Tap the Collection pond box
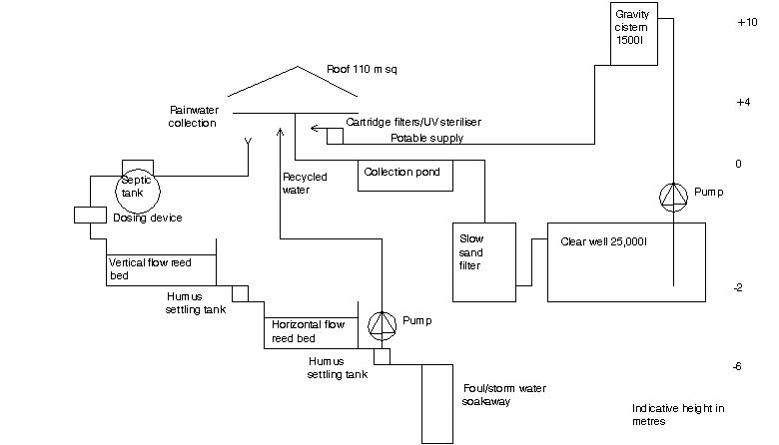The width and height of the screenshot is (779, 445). point(405,175)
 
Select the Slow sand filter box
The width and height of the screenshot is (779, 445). point(483,261)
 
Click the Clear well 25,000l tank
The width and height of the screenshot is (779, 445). point(626,261)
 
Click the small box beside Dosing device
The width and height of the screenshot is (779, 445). point(90,216)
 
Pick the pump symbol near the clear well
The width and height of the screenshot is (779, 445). point(675,196)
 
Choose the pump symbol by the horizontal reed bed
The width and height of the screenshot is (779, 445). point(381,323)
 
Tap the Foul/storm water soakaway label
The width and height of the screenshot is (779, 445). point(504,394)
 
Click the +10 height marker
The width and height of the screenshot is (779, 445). point(746,22)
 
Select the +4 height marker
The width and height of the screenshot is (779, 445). point(742,102)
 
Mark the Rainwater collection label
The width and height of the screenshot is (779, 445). point(194,116)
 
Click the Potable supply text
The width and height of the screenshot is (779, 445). point(426,138)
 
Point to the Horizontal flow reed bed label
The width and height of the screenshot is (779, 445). point(309,331)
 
